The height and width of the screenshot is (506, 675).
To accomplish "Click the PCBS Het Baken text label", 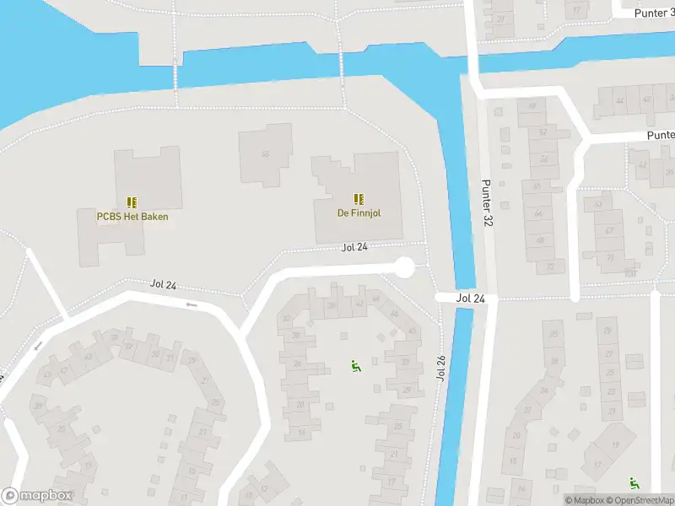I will (132, 217).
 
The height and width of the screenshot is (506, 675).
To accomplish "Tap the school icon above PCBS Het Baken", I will (132, 202).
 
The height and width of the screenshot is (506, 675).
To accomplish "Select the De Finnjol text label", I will (359, 213).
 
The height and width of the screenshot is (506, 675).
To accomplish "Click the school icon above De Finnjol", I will (359, 199).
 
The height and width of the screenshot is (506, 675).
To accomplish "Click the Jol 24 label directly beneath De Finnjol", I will (355, 247).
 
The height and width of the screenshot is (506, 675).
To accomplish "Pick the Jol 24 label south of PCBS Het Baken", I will (164, 285).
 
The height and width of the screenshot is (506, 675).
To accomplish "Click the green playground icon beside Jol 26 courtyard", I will (355, 366).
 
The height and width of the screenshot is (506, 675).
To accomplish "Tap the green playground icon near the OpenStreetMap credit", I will (634, 483).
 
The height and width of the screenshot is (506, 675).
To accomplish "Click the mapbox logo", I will (36, 496).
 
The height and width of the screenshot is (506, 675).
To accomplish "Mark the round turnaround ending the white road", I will (405, 267).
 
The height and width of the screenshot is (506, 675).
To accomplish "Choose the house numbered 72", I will (550, 266).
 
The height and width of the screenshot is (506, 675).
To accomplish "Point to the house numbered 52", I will (543, 132).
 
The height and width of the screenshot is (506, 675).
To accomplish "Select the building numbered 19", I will (615, 444).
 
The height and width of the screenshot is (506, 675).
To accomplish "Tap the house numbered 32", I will (288, 319).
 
